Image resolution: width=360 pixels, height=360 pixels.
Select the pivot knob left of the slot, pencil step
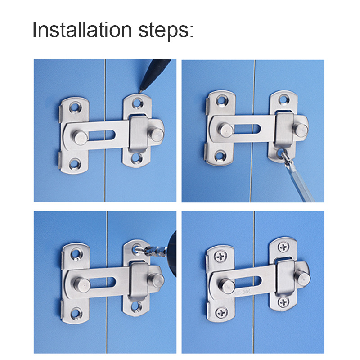coord(78,135)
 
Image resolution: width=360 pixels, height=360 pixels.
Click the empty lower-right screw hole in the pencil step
coord(136,158)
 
